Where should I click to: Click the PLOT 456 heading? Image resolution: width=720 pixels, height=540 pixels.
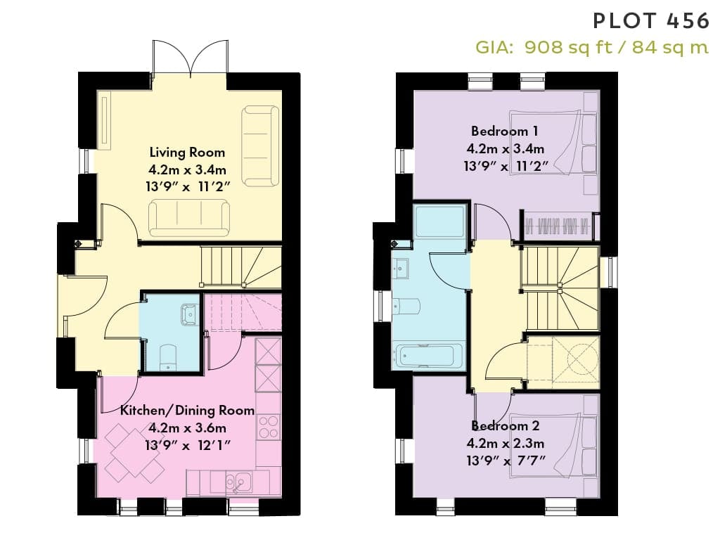pyautogui.click(x=651, y=21)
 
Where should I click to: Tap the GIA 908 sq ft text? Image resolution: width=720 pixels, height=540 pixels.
pyautogui.click(x=544, y=47)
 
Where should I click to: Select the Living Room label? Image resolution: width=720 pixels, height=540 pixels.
pyautogui.click(x=187, y=152)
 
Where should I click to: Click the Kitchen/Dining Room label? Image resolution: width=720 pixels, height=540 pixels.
pyautogui.click(x=187, y=410)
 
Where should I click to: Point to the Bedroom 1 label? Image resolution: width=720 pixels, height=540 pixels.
pyautogui.click(x=505, y=131)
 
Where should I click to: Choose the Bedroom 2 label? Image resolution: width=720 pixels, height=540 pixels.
pyautogui.click(x=506, y=425)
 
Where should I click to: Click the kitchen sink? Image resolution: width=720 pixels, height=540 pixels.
pyautogui.click(x=238, y=482)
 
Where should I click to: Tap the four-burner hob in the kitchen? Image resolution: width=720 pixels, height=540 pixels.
pyautogui.click(x=269, y=427)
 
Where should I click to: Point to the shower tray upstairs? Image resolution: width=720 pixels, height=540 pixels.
pyautogui.click(x=439, y=221)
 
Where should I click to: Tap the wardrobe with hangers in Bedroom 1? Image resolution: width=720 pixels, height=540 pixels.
pyautogui.click(x=557, y=226)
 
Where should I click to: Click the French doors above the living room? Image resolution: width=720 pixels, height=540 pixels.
pyautogui.click(x=190, y=58)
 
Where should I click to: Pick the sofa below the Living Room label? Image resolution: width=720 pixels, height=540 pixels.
pyautogui.click(x=188, y=218)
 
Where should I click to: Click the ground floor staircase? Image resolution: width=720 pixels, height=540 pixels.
pyautogui.click(x=241, y=266)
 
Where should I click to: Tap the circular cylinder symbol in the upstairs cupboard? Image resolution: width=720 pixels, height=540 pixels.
pyautogui.click(x=583, y=356)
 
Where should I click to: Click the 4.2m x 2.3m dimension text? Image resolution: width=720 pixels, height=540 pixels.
pyautogui.click(x=506, y=443)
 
